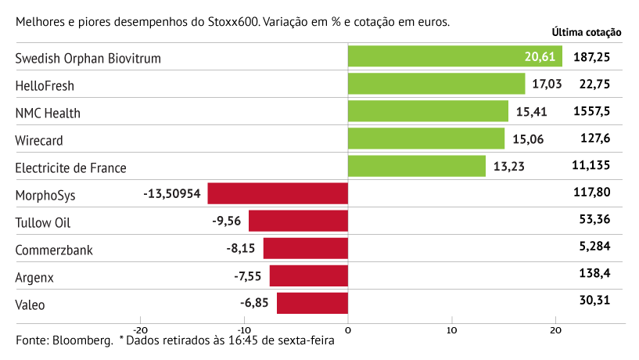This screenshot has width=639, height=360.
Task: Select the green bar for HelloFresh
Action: point(436,84)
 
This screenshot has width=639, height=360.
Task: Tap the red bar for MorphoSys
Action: point(277,193)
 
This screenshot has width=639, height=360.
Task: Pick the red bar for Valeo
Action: point(311,304)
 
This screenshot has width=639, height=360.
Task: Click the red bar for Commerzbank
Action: point(305,249)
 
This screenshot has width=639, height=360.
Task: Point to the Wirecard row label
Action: point(39,140)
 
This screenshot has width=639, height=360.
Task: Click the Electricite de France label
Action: point(70,167)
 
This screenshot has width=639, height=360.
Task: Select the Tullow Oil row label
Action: point(43,222)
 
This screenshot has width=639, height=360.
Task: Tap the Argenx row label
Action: point(35,277)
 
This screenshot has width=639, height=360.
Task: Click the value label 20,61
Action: point(540,56)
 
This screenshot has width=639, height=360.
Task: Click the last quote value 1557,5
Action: point(591,112)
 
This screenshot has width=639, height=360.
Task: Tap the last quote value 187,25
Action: point(591,56)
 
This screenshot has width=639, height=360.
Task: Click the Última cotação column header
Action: point(587,32)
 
